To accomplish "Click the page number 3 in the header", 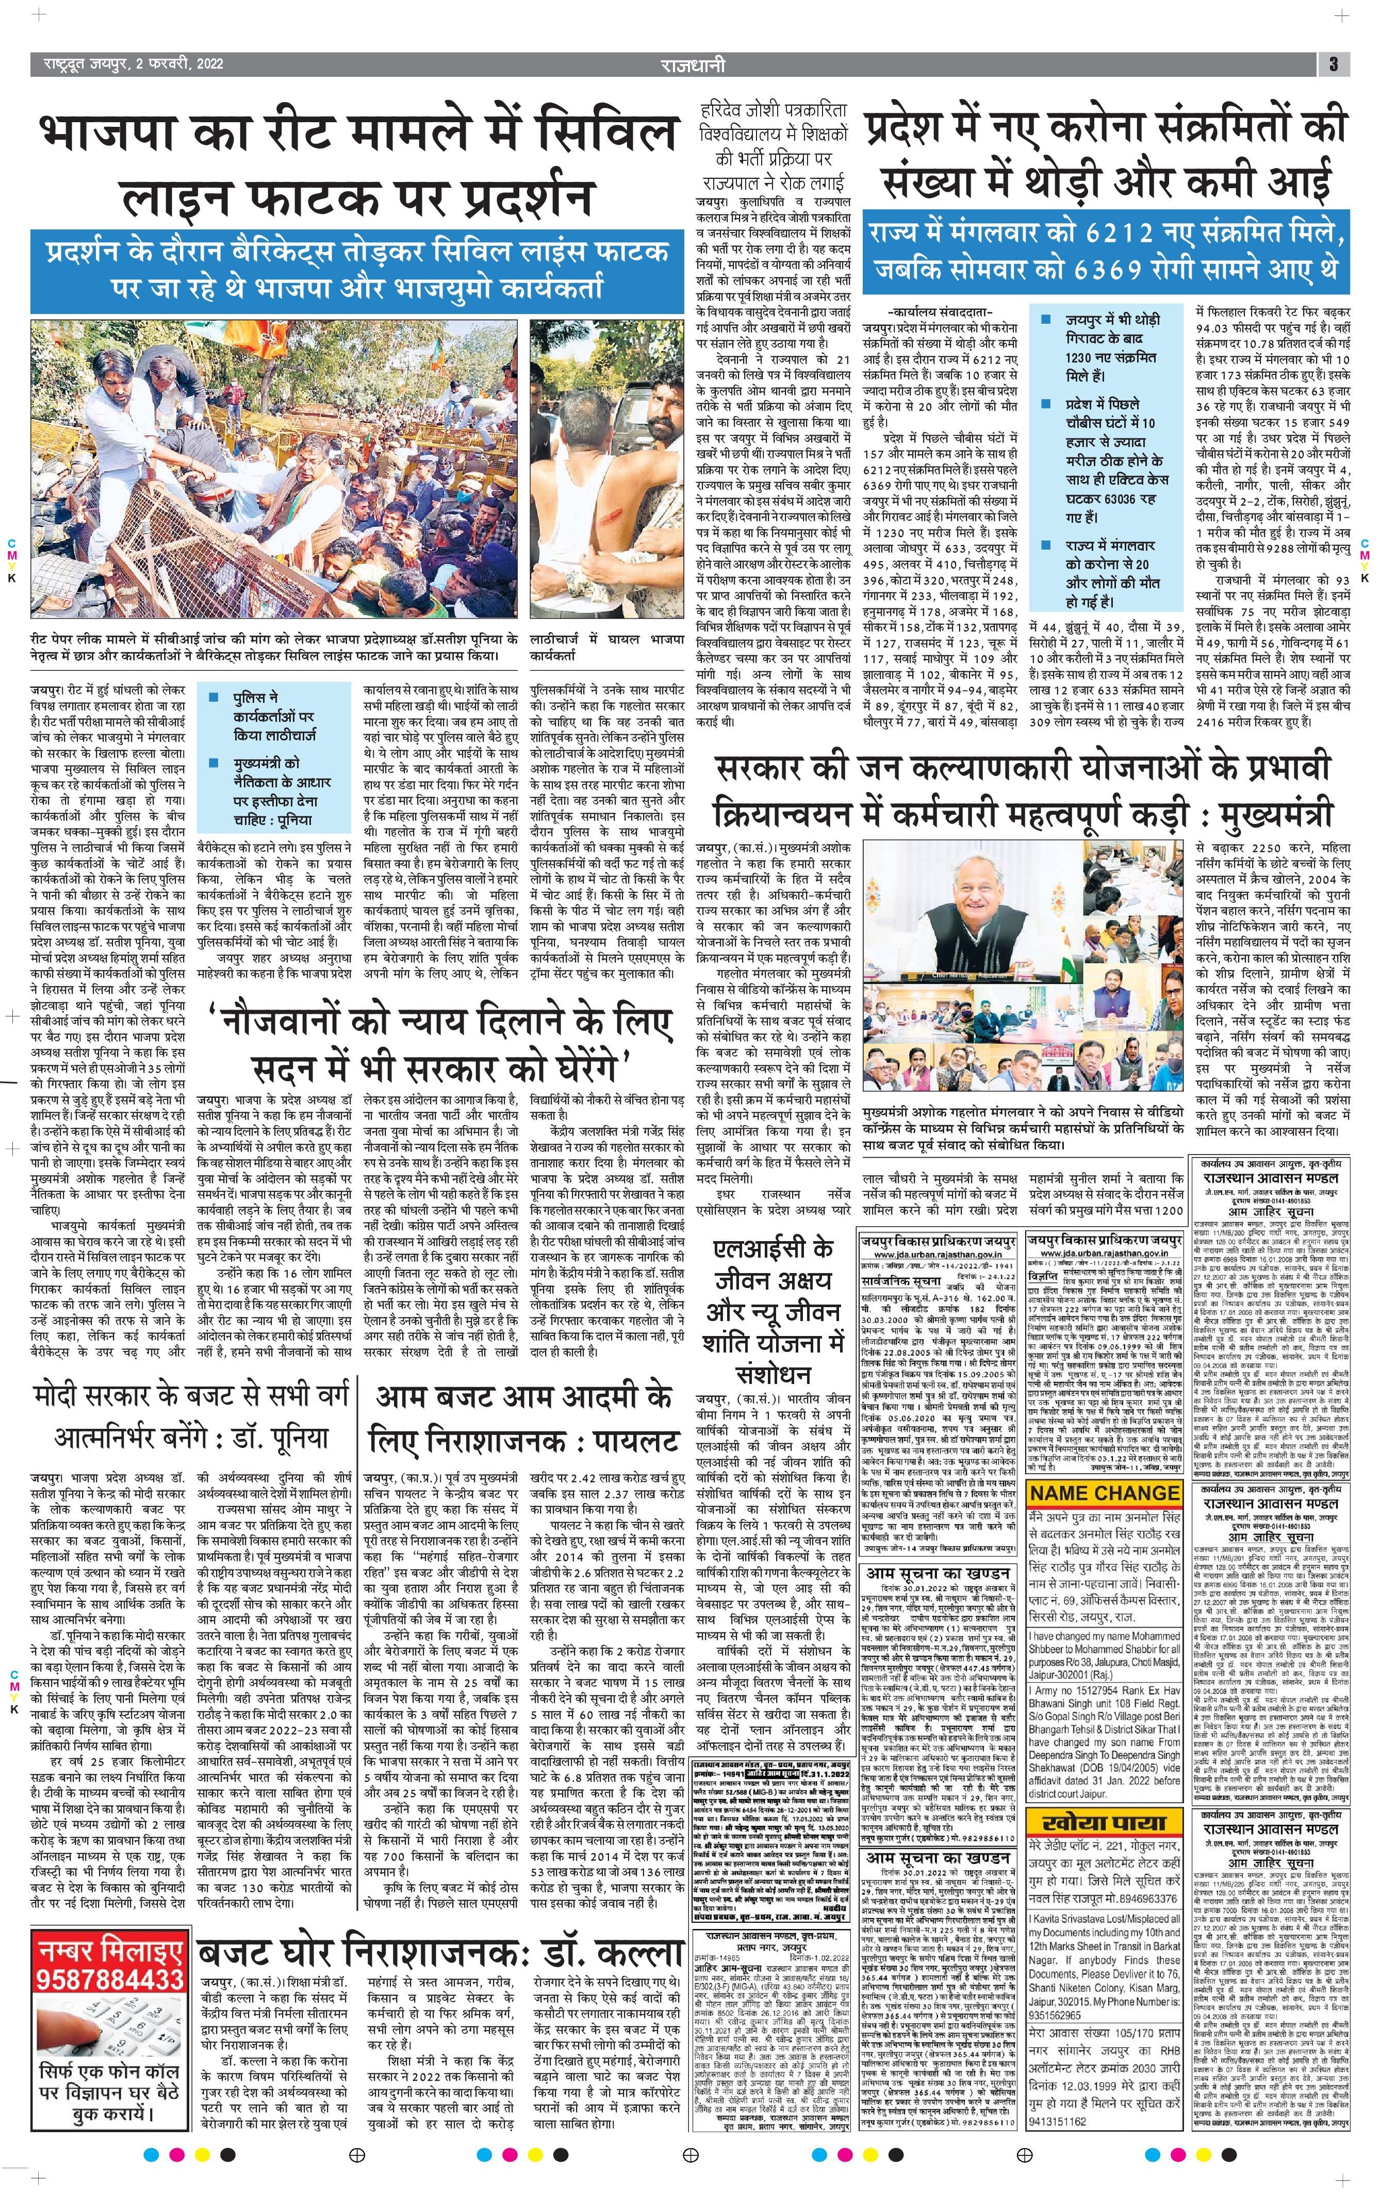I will click(x=1332, y=64).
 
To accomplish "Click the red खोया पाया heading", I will click(x=1104, y=1797).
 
